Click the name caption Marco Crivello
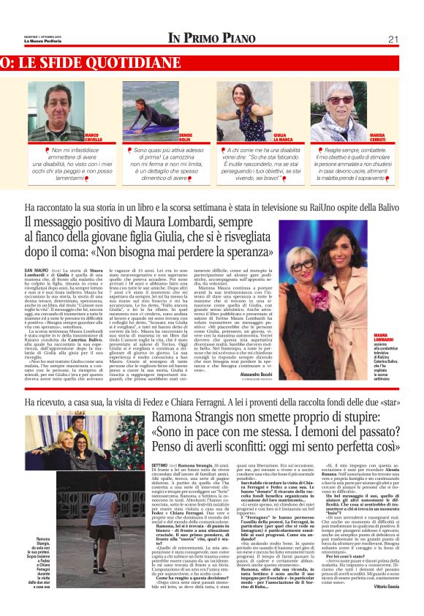click(93, 137)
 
